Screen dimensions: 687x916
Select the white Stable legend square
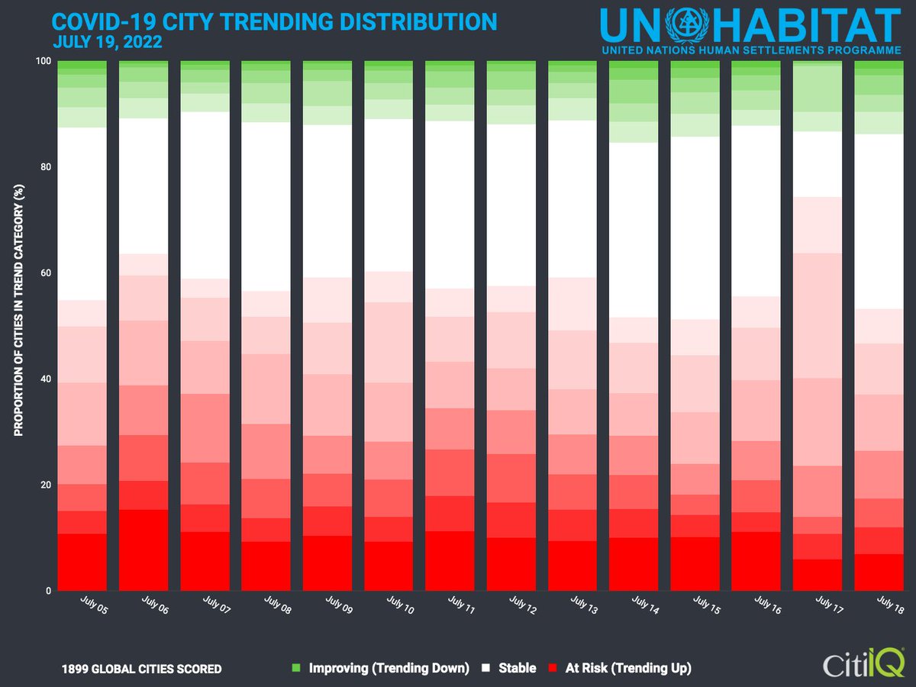[x=486, y=669]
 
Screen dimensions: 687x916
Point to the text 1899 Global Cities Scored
[x=142, y=669]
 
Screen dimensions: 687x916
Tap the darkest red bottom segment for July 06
[x=144, y=550]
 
